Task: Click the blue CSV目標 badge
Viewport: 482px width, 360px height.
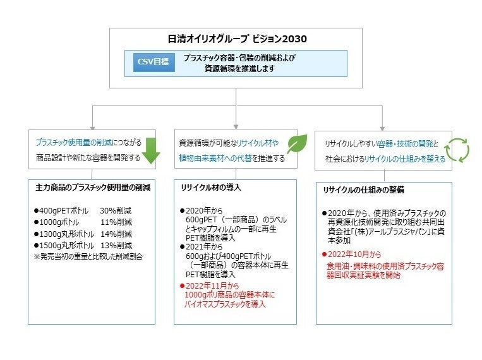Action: click(x=152, y=63)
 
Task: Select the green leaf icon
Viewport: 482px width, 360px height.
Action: click(x=296, y=144)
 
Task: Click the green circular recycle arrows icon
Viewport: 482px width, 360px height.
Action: click(x=457, y=149)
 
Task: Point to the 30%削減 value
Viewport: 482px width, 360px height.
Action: click(x=116, y=210)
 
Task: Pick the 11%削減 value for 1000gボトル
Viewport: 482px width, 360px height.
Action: click(x=116, y=222)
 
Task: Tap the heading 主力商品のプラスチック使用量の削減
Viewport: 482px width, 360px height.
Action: click(x=92, y=188)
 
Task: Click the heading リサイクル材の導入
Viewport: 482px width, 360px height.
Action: click(x=211, y=188)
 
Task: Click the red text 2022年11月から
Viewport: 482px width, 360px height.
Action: click(x=212, y=285)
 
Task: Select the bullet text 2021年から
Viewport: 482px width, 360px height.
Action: click(x=202, y=247)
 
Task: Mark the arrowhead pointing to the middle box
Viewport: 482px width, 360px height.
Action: click(x=236, y=125)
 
